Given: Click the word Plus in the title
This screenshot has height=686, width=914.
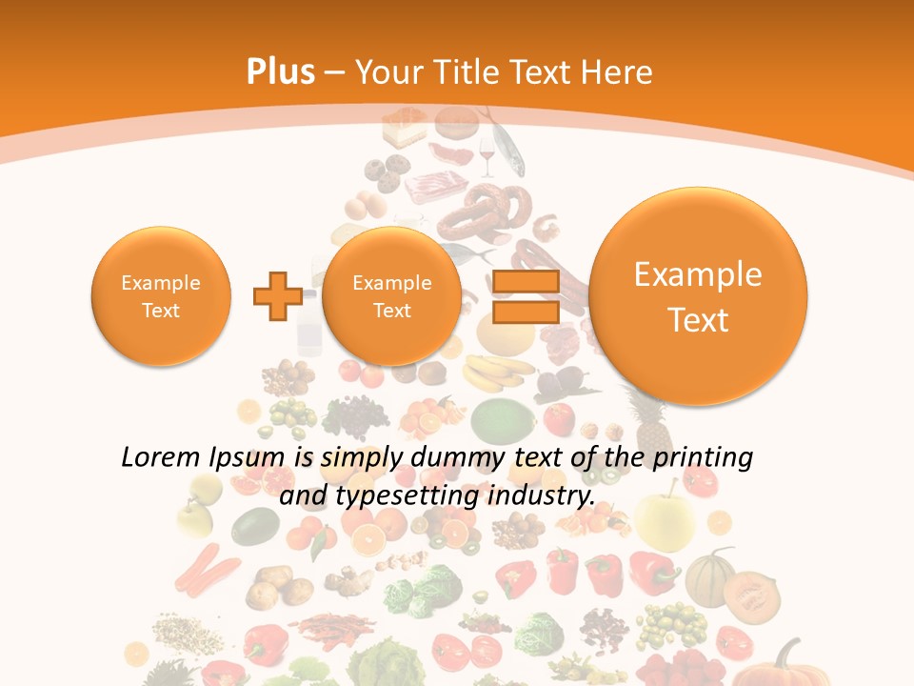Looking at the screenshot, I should point(280,71).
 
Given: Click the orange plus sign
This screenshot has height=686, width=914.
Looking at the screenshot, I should point(277,295).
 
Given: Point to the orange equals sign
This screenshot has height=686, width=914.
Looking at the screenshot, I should point(525,295).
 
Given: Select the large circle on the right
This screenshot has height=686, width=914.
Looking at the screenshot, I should point(698,296).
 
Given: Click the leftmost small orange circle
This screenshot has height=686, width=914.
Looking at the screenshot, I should point(161,296).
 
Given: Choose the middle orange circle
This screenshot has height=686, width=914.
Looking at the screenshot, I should point(391,296).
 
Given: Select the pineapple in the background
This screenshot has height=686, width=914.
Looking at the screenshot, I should point(648,419).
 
